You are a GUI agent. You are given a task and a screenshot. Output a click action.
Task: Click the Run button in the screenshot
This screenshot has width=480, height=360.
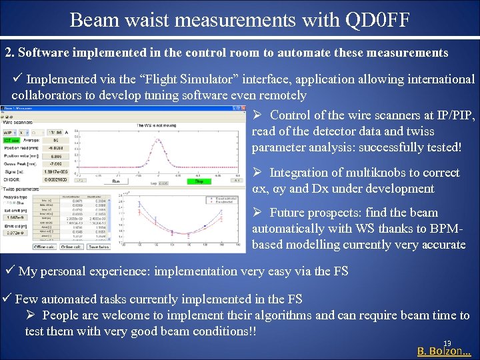pyautogui.click(x=115, y=181)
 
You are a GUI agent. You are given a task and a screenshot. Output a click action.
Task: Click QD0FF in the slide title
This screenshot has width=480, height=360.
pyautogui.click(x=373, y=20)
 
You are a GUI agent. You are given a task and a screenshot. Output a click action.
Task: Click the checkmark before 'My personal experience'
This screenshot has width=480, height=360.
pyautogui.click(x=10, y=271)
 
